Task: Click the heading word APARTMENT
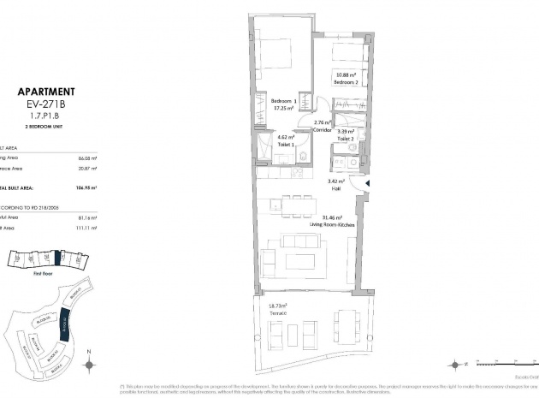pos(46,92)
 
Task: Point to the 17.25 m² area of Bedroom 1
pos(283,109)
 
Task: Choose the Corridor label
pos(322,130)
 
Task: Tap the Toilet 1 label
pos(285,144)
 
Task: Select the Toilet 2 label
pos(346,138)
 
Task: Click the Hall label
pos(335,187)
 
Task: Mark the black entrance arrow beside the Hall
pos(367,182)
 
